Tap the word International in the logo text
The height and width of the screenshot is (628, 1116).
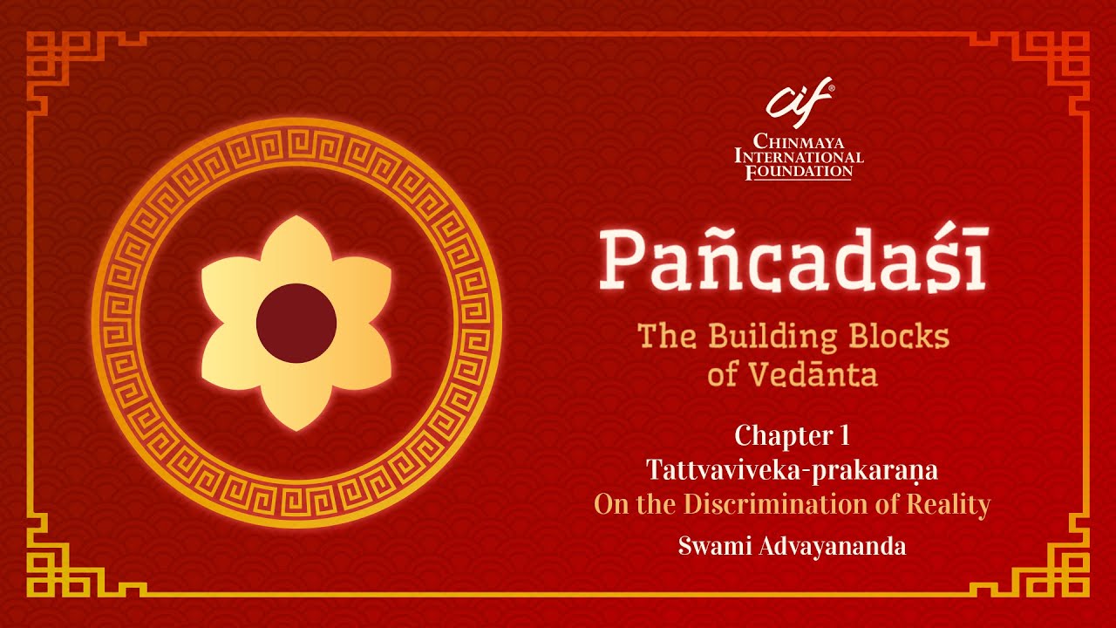799,156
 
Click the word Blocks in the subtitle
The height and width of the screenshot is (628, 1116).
899,336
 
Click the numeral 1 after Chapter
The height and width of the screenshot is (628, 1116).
843,434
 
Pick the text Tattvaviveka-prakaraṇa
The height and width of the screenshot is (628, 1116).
792,470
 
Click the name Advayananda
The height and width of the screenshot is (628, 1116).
833,547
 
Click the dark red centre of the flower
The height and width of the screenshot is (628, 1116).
296,323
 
